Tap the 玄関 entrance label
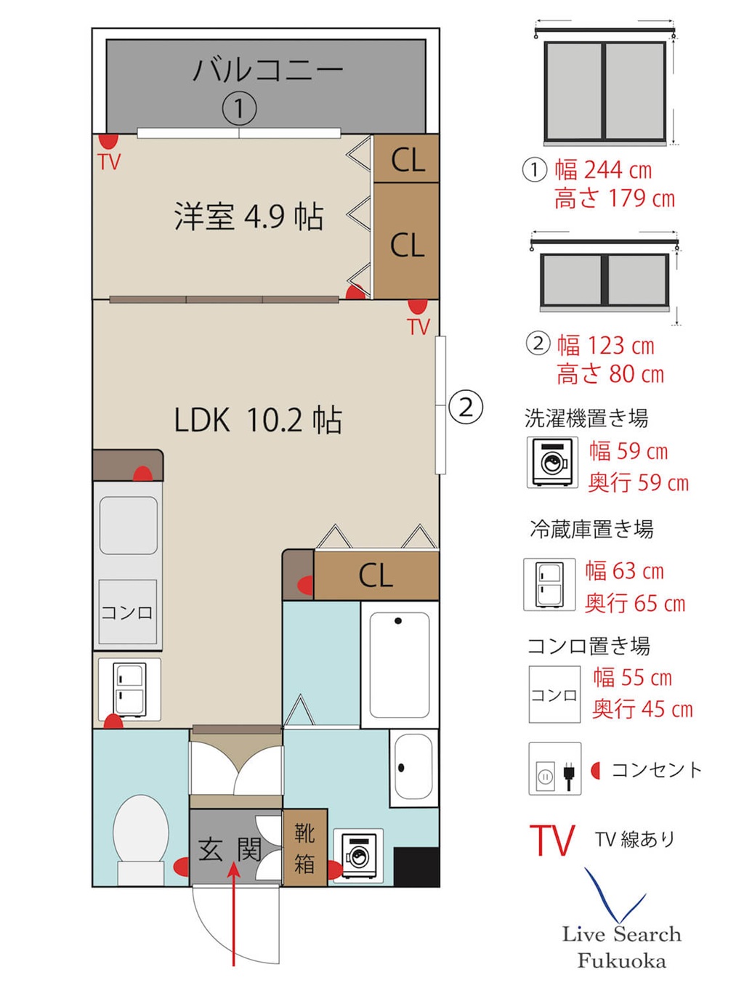tap(230, 849)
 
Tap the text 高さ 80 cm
tap(610, 373)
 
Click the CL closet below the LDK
tap(376, 575)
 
